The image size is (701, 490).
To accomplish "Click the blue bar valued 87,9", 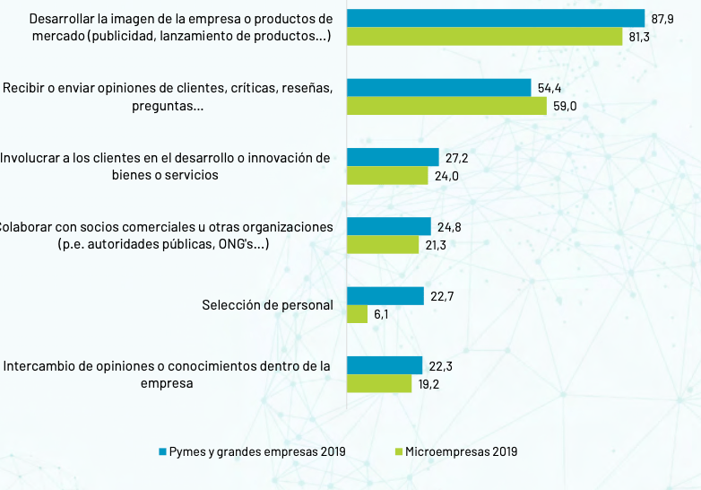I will [x=496, y=18].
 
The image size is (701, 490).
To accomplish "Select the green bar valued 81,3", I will [x=484, y=37].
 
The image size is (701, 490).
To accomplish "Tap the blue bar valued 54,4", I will [x=438, y=87].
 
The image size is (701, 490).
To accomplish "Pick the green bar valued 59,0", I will [x=446, y=106].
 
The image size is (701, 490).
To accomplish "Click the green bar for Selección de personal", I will [x=357, y=314].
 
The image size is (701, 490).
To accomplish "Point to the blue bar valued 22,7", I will [x=385, y=296].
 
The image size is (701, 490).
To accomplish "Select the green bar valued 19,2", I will [x=378, y=384].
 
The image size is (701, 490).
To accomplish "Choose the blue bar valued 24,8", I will [x=388, y=226].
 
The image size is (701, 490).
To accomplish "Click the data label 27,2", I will [x=457, y=157].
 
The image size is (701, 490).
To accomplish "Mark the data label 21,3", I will [x=437, y=245].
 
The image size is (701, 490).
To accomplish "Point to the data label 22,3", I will [x=441, y=365].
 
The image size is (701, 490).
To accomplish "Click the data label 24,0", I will [x=446, y=176].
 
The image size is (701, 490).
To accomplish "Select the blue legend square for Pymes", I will [x=162, y=451].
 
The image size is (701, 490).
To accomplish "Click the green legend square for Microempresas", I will [x=397, y=451].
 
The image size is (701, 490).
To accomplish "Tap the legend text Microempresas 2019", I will [x=461, y=451].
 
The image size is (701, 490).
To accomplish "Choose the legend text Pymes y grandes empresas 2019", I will [x=256, y=451].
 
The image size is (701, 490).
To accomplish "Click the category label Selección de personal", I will [x=267, y=305].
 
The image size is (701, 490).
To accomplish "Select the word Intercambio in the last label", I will [x=37, y=366].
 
